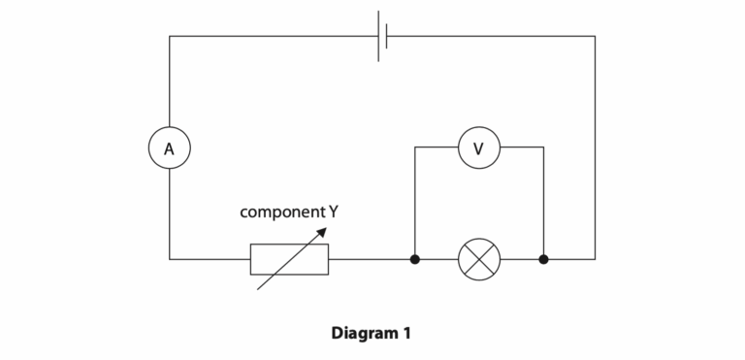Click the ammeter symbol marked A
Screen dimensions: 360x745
169,148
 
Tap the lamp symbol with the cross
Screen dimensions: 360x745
478,259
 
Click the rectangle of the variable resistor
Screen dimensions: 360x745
289,259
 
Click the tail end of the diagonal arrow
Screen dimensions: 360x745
258,288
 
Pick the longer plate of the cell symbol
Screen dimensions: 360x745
378,36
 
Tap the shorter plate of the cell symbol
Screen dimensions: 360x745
387,36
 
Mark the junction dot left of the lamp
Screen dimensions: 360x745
415,259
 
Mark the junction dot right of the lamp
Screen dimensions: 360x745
543,259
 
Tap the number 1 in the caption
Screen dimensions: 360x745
406,333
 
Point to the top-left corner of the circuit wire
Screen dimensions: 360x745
170,36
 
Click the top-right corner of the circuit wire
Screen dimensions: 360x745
595,36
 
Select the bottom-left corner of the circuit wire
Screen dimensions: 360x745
170,259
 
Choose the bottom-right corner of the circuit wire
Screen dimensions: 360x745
595,259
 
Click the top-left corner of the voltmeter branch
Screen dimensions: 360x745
415,147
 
